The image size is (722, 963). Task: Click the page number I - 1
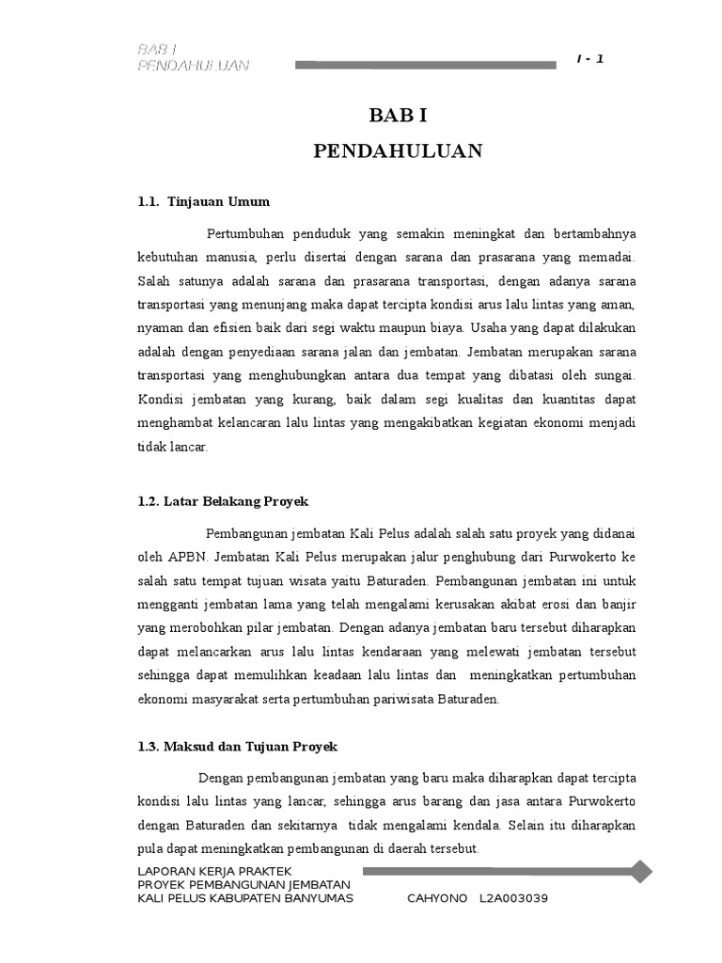coord(589,59)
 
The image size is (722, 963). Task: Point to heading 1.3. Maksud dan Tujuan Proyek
coord(237,747)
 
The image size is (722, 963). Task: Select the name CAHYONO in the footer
coord(437,898)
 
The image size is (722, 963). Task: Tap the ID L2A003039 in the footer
coord(513,898)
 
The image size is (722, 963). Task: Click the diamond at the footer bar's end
coord(641,872)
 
